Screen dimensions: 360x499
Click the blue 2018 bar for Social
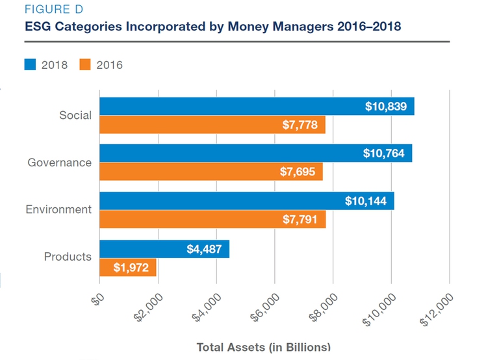coord(227,107)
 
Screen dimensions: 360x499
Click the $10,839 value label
coord(386,107)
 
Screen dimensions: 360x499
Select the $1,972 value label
coord(131,267)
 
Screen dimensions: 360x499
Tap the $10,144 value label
coord(366,201)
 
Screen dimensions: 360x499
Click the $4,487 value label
coord(205,249)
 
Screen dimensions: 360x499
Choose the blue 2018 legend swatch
coord(31,64)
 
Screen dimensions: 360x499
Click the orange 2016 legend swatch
coord(84,64)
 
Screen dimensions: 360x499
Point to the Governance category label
coord(59,162)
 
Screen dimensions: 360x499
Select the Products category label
coord(68,257)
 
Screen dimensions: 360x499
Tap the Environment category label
coord(58,209)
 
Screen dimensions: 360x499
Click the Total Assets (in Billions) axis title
coord(264,347)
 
